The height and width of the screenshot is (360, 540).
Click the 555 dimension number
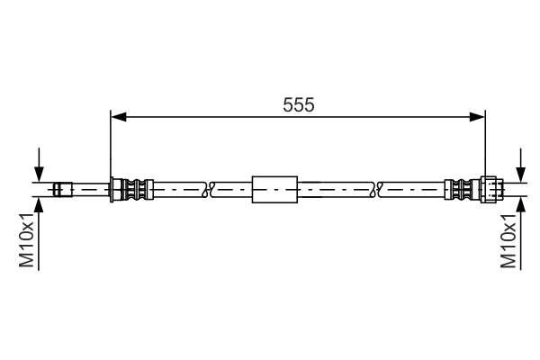pos(299,104)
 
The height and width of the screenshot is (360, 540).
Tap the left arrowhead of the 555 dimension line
pos(119,117)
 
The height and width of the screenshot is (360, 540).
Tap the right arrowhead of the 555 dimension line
pos(477,117)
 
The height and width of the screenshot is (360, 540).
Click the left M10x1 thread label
pos(27,239)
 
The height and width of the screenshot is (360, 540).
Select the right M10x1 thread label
pos(508,240)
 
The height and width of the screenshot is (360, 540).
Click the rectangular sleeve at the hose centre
pos(274,190)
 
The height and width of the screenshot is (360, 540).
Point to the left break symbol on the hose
pos(208,190)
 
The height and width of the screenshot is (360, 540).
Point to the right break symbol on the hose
pos(377,190)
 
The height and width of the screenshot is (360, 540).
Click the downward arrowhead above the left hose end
pos(39,175)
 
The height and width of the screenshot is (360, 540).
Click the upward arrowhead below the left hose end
pos(39,204)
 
